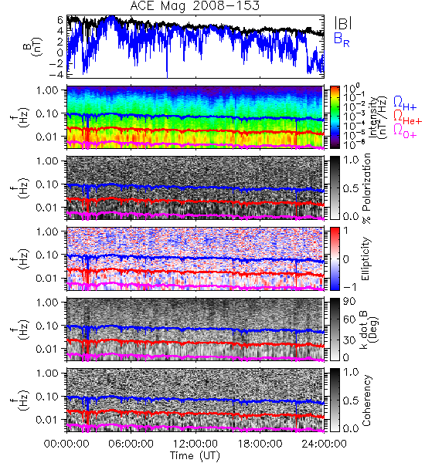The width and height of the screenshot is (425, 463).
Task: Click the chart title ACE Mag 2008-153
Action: pyautogui.click(x=195, y=6)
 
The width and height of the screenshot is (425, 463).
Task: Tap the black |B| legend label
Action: pyautogui.click(x=343, y=23)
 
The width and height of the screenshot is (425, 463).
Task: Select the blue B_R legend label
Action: pyautogui.click(x=342, y=39)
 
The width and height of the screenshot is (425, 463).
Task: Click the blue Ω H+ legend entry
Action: pyautogui.click(x=405, y=103)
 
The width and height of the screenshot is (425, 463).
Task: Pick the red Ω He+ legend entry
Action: pyautogui.click(x=407, y=117)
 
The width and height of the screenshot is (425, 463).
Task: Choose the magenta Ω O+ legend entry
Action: pyautogui.click(x=405, y=131)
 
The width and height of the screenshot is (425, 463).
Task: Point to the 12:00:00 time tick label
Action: pyautogui.click(x=195, y=444)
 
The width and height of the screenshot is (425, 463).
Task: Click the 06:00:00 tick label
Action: pyautogui.click(x=131, y=444)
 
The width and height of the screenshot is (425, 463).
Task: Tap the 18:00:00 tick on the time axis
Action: pyautogui.click(x=260, y=444)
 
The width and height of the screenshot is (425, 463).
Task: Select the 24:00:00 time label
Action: pyautogui.click(x=324, y=444)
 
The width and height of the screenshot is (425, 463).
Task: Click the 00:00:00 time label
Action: pyautogui.click(x=66, y=444)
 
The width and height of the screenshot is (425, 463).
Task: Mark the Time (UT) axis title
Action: pyautogui.click(x=195, y=455)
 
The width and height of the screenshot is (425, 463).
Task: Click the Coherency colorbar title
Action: pyautogui.click(x=366, y=400)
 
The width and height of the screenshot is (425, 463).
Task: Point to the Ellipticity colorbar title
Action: pyautogui.click(x=366, y=259)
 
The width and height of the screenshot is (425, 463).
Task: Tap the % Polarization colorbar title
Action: pyautogui.click(x=366, y=188)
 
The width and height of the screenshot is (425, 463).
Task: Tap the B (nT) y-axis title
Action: pyautogui.click(x=33, y=46)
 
